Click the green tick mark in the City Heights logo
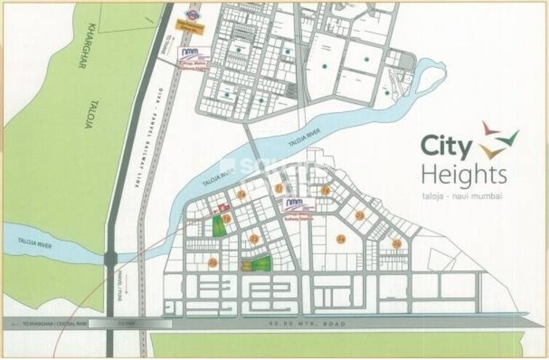510,136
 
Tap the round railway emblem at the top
192,13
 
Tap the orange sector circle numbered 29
212,263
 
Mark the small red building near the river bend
215,207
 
